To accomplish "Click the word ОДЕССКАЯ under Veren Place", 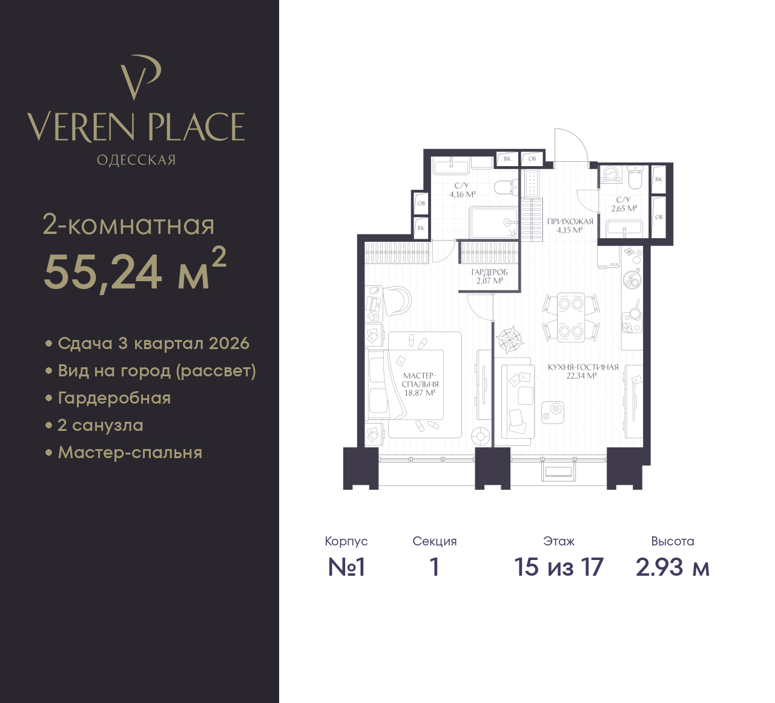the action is [x=136, y=160].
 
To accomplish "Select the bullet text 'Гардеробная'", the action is [x=114, y=398].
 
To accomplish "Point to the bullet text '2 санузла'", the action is [x=101, y=425].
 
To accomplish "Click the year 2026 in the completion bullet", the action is [x=229, y=344].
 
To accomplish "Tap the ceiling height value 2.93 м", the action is [x=673, y=567].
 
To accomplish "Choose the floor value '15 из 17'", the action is [x=559, y=567].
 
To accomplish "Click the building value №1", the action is [x=346, y=567].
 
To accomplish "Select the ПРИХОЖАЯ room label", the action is [x=570, y=222].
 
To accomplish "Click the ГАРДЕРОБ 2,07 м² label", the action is [x=489, y=276].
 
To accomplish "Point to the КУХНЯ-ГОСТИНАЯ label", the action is [x=583, y=367].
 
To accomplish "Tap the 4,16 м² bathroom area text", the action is [x=463, y=194].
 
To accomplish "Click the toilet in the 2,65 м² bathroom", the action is [x=635, y=177].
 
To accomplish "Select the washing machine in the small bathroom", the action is [x=612, y=175].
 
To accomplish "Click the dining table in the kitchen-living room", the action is [x=570, y=318].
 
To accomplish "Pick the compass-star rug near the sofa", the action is [x=510, y=341].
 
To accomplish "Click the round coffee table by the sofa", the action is [x=552, y=413].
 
